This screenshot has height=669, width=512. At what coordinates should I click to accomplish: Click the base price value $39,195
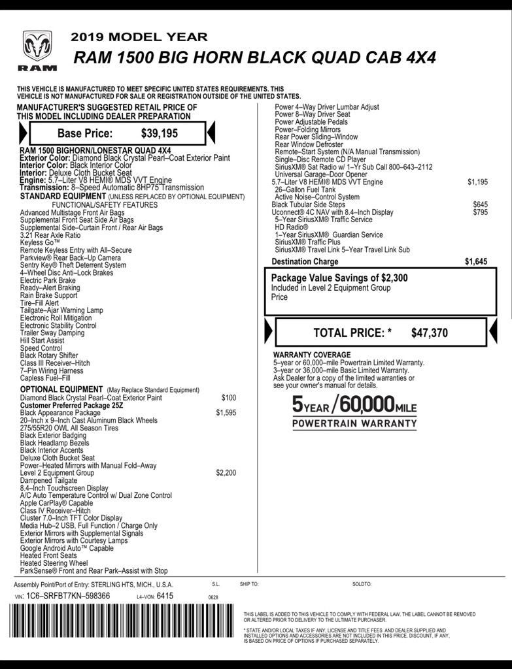click(160, 133)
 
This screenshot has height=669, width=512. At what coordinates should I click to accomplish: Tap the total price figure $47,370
click(430, 333)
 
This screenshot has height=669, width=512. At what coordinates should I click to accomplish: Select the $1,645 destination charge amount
click(476, 261)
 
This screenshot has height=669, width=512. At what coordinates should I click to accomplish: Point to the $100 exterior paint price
click(229, 397)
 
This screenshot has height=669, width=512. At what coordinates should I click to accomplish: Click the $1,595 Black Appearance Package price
click(226, 413)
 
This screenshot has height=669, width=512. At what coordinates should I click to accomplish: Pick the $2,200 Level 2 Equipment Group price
click(226, 472)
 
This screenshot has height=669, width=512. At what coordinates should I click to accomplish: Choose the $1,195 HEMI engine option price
click(477, 182)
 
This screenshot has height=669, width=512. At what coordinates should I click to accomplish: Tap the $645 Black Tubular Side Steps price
click(480, 204)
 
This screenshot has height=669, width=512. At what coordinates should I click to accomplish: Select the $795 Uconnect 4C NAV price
click(480, 212)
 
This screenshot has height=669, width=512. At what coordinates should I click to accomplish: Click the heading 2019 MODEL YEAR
click(139, 37)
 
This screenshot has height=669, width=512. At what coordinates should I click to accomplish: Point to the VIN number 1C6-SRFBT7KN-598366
click(68, 596)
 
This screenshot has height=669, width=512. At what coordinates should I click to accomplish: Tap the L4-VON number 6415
click(165, 596)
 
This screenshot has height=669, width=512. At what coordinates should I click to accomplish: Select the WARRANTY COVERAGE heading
click(312, 355)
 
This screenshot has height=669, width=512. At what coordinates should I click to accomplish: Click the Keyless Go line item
click(40, 242)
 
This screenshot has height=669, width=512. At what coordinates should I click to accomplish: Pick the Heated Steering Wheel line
click(54, 563)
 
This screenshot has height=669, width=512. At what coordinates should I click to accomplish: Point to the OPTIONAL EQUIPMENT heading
click(61, 389)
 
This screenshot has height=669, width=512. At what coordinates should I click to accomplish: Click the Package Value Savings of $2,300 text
click(339, 278)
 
